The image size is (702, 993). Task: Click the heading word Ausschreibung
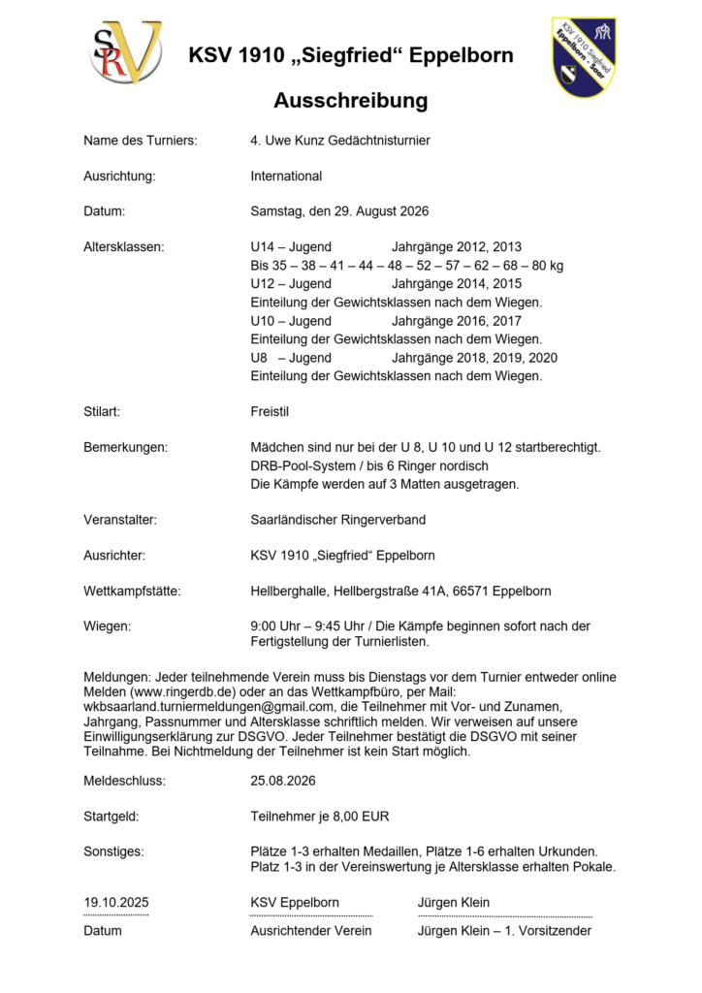350,101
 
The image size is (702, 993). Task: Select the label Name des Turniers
140,141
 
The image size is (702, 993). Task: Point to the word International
286,176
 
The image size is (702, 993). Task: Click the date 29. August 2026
373,211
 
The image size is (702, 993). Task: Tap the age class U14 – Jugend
291,247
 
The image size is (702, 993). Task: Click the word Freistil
270,412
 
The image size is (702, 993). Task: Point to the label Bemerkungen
125,447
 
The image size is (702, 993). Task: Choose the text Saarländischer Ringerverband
337,520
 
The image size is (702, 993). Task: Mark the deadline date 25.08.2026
283,780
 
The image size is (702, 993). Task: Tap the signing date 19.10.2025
116,903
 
